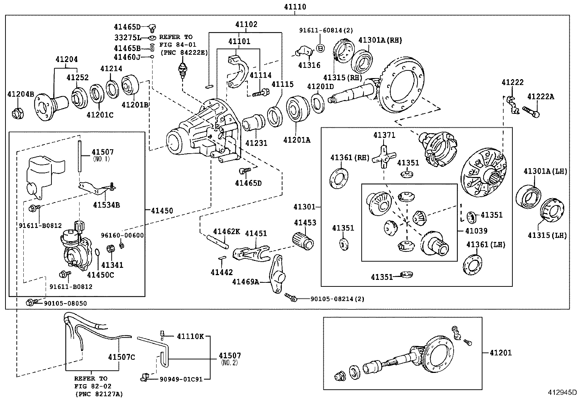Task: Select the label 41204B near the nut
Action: [x=21, y=95]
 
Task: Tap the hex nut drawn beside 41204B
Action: [x=17, y=114]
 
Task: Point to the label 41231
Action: [x=256, y=143]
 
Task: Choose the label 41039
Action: [x=476, y=231]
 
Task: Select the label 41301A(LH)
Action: [x=545, y=171]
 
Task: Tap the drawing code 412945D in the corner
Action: [x=562, y=393]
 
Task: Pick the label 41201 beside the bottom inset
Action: [x=500, y=352]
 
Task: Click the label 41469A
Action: [x=246, y=281]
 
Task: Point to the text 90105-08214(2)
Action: [x=337, y=299]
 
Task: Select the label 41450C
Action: [x=100, y=275]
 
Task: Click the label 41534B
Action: [x=106, y=205]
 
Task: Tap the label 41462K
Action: [x=226, y=231]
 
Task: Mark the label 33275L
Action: [x=127, y=37]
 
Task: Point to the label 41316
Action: [x=309, y=65]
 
